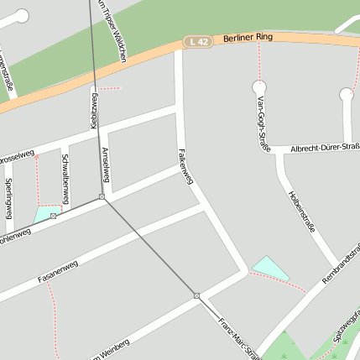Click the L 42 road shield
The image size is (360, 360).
198,41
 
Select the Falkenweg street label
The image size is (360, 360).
185,166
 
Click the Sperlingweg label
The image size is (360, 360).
8,198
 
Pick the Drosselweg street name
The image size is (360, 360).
16,156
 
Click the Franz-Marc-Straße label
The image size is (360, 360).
240,337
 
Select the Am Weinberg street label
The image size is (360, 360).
109,350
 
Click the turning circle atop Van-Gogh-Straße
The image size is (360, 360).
259,86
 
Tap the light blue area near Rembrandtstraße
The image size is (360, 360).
270,268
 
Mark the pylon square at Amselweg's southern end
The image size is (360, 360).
102,197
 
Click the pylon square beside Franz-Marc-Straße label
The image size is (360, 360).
196,295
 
